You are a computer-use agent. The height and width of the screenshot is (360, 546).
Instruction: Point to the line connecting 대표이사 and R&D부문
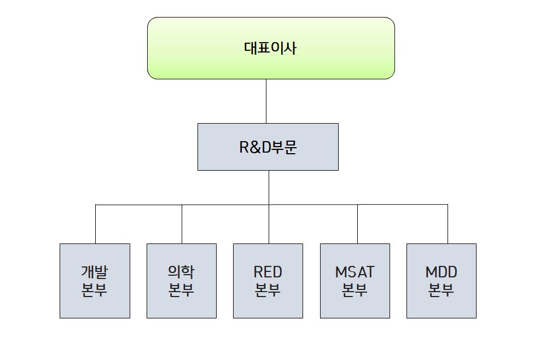point(266,101)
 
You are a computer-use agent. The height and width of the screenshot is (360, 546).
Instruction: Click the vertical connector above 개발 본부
point(95,224)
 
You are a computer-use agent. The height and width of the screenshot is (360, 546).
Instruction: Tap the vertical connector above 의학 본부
point(182,224)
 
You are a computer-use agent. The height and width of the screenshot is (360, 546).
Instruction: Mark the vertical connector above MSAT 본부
point(357,224)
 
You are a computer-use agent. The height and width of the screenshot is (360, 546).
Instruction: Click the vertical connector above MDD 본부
point(448,224)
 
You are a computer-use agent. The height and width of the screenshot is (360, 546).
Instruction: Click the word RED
point(268,272)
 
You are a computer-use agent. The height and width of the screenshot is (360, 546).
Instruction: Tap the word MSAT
point(355,272)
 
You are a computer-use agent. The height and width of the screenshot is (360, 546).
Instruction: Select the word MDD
point(442,272)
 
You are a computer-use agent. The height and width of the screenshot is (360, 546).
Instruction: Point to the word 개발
point(95,272)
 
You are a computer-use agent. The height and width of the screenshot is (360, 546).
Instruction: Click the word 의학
point(181,272)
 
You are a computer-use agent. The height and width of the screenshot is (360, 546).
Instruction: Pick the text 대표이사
point(270,48)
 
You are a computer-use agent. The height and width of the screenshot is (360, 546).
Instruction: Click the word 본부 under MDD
point(442,290)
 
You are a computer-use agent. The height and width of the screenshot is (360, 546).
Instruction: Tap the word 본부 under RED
point(268,290)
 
